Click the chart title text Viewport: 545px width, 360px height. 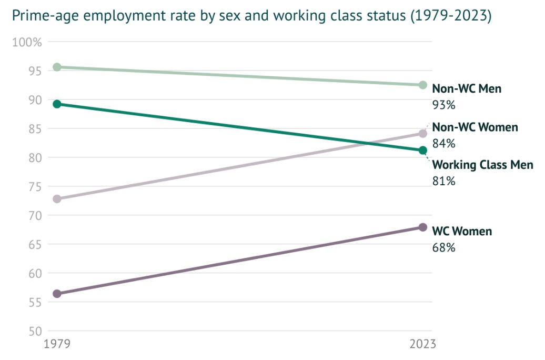coord(251,16)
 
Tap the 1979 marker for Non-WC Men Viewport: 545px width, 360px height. coord(57,67)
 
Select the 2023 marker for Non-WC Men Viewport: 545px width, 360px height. coord(422,85)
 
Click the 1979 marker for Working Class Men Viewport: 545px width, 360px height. coord(57,104)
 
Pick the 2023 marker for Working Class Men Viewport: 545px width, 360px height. coord(422,151)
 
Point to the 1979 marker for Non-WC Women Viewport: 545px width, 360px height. coord(57,199)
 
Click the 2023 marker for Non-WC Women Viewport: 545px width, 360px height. coord(422,134)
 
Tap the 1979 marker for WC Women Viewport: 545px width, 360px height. coord(57,294)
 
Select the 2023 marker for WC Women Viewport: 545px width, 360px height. coord(422,227)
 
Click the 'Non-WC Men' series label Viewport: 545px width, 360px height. coord(467,89)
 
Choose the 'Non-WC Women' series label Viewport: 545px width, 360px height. coord(475,127)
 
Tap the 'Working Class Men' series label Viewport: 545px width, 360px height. coord(482,165)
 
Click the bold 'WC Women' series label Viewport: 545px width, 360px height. coord(462,232)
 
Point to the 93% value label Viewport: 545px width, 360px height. coord(443,105)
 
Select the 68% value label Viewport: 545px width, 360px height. coord(443,247)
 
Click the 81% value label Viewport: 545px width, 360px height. coord(443,182)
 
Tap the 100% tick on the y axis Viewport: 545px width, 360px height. coord(27,42)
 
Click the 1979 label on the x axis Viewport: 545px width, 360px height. coord(57,344)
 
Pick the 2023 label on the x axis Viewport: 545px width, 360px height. coord(422,344)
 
